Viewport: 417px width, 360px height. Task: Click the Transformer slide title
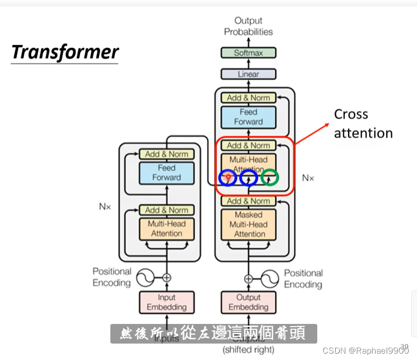[65, 52]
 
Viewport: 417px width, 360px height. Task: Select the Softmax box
[248, 53]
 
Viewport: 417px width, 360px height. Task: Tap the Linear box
[248, 74]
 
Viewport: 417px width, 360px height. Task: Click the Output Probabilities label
[248, 27]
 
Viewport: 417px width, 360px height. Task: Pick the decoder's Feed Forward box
[248, 117]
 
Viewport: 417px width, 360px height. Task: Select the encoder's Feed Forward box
[167, 173]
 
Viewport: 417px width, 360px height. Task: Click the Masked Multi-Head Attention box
[249, 224]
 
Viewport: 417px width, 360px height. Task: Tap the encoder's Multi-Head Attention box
[167, 229]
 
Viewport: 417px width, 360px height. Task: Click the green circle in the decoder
[270, 178]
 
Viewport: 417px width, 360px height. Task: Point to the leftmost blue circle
[228, 178]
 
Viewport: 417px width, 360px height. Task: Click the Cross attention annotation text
[363, 124]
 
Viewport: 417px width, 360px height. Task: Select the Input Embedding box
[167, 302]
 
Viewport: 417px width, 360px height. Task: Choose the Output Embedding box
[248, 302]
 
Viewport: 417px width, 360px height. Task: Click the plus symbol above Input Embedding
[167, 277]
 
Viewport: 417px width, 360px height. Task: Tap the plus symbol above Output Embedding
[248, 278]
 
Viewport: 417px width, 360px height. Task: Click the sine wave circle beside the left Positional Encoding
[145, 277]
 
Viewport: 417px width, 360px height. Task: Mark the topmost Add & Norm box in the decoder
[248, 98]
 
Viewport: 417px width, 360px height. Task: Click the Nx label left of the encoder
[105, 207]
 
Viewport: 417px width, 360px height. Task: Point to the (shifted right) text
[248, 350]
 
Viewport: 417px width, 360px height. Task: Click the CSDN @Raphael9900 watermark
[365, 350]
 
